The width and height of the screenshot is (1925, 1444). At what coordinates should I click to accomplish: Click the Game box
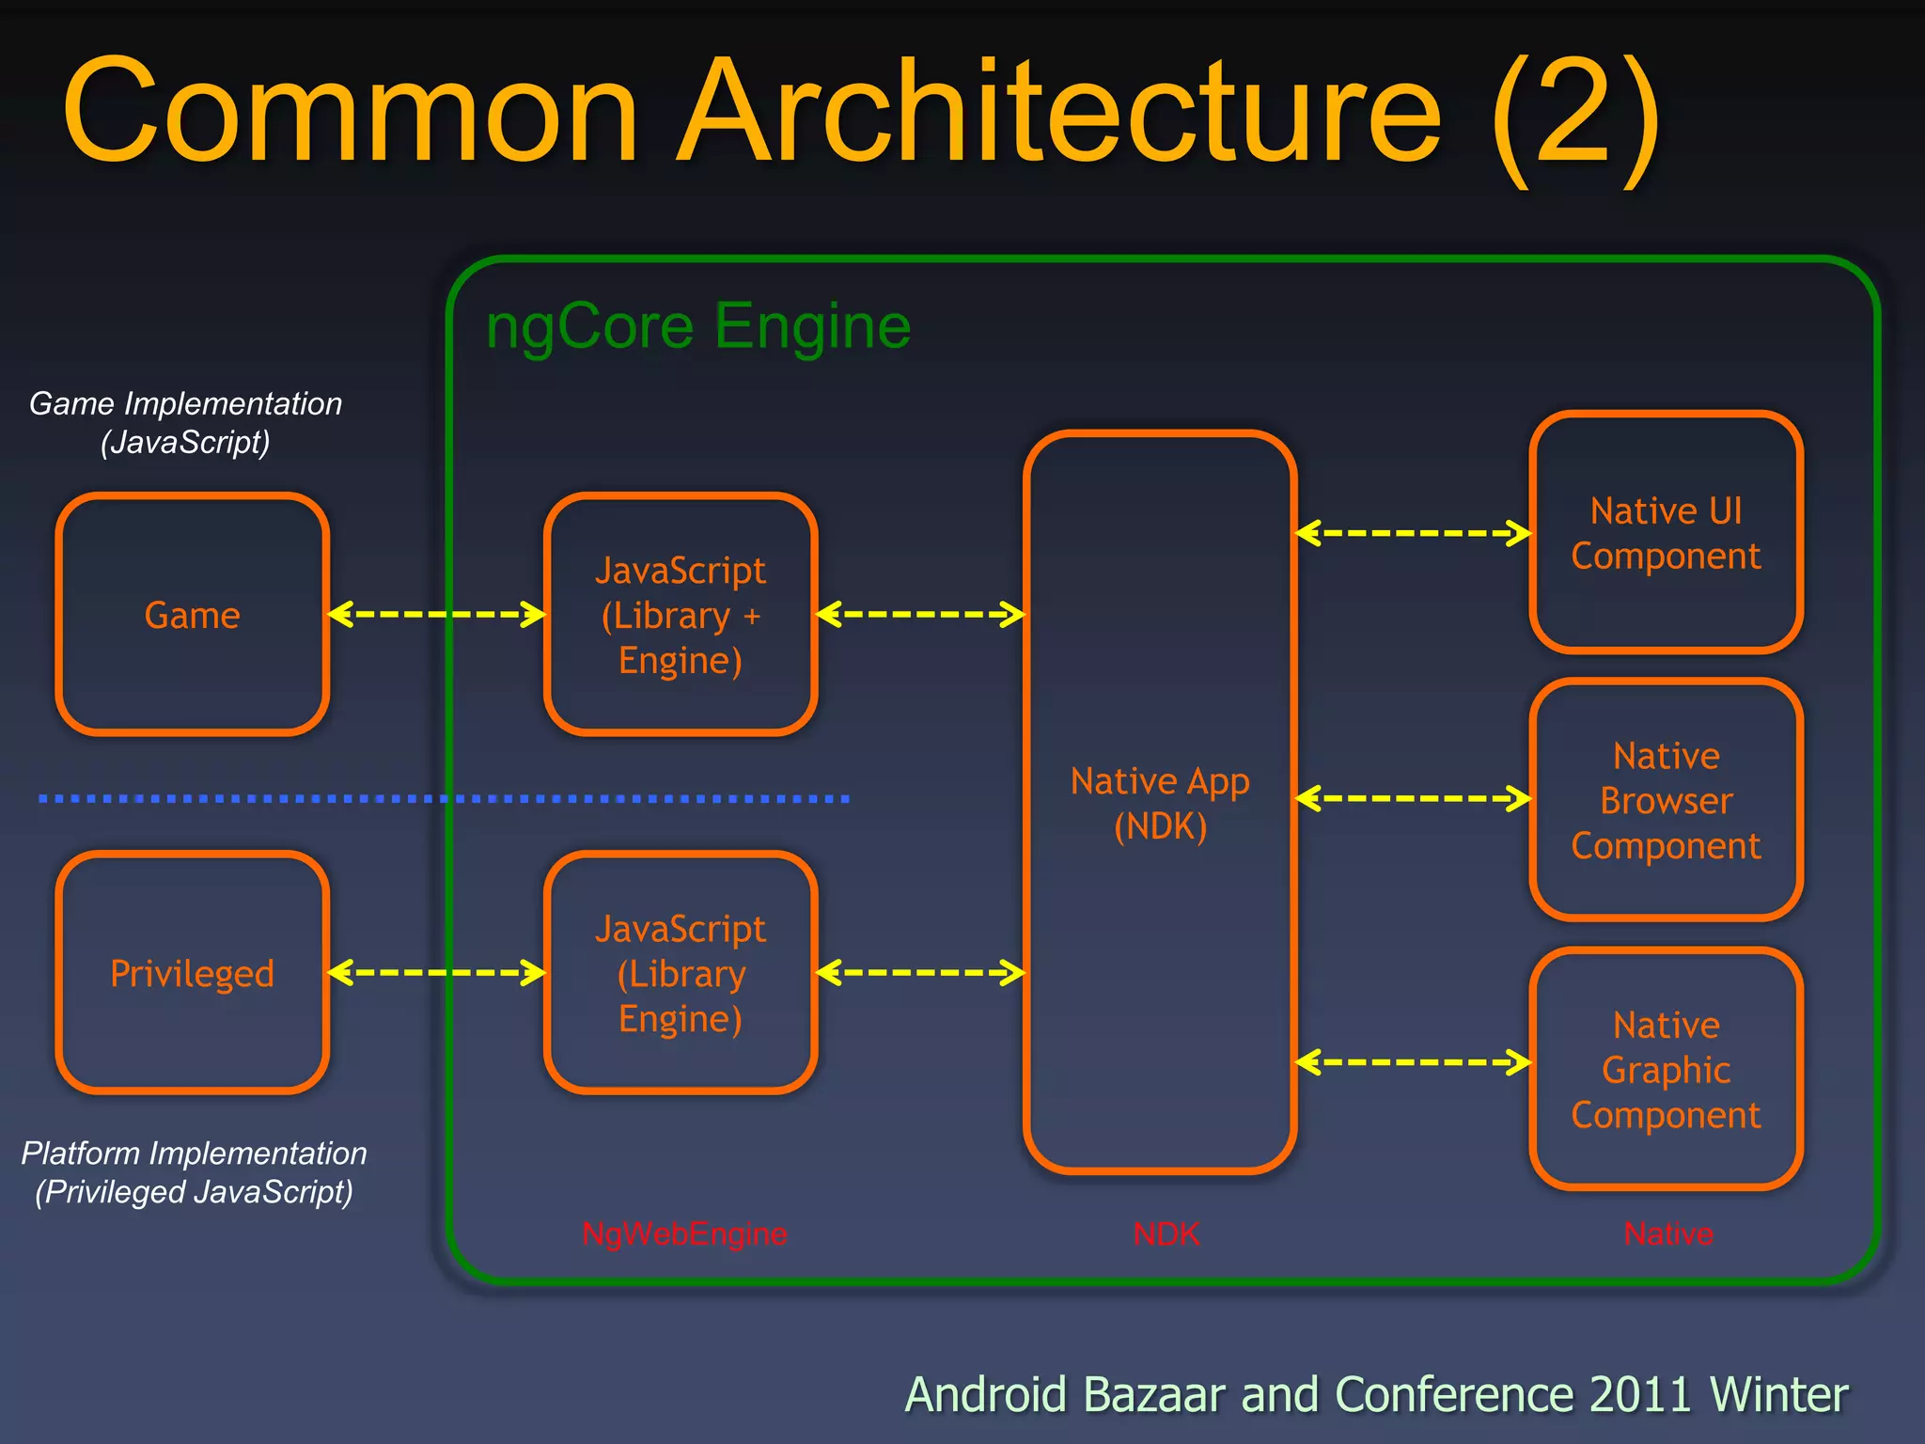(192, 615)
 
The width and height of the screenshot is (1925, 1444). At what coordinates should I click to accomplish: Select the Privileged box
(192, 973)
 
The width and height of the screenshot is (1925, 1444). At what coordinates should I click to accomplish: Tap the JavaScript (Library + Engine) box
(681, 615)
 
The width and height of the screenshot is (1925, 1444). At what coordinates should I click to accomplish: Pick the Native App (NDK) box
(1160, 802)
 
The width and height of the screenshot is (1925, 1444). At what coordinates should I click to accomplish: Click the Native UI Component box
(1666, 533)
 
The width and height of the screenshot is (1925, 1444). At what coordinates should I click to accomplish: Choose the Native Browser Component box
(1666, 800)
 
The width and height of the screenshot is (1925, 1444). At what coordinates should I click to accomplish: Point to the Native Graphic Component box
(1666, 1069)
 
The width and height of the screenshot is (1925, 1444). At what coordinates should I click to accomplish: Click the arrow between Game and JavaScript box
(436, 615)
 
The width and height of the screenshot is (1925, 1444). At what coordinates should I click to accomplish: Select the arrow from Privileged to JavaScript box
(436, 972)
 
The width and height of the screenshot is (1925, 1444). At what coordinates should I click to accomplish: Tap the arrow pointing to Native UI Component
(1413, 533)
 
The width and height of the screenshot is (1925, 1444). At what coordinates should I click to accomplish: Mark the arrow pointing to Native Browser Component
(1413, 799)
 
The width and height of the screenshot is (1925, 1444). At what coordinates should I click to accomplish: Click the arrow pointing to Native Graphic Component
(1413, 1062)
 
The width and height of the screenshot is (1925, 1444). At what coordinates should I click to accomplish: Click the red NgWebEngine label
(684, 1233)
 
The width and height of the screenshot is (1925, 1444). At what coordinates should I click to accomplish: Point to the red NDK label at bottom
(1166, 1233)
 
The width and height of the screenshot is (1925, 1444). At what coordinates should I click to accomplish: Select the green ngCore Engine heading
(698, 326)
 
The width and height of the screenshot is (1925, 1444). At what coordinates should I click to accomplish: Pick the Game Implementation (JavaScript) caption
(185, 422)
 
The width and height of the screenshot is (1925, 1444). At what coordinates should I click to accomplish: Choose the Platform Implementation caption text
(194, 1172)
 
